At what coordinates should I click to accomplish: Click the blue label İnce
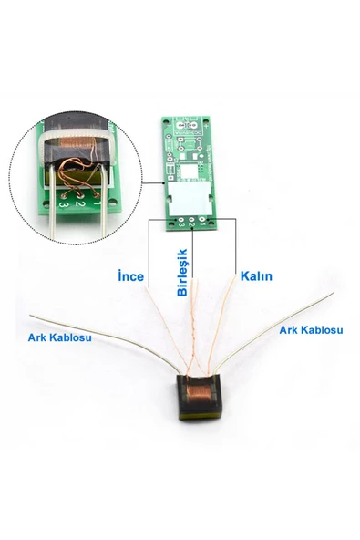click(x=131, y=275)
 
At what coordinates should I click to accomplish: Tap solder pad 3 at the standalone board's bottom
click(x=179, y=219)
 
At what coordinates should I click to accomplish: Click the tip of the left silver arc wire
click(x=32, y=316)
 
